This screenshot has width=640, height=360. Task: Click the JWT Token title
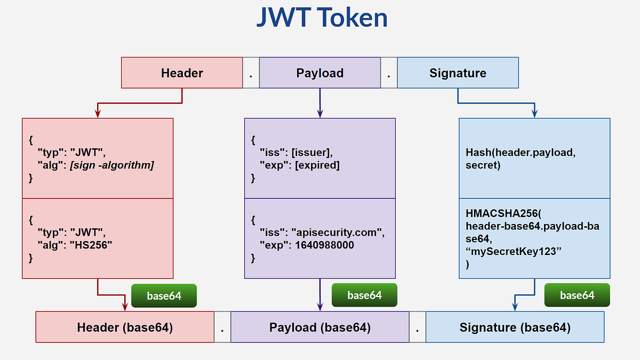pos(322,18)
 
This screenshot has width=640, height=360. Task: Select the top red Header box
pos(182,73)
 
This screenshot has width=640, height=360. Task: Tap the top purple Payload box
pos(320,73)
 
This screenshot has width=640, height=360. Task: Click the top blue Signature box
pos(458,73)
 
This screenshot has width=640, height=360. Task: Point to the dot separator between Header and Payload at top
pos(251,73)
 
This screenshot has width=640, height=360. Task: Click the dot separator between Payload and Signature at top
pos(389,73)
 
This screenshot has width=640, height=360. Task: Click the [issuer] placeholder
pos(311,153)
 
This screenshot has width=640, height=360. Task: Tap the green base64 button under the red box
pos(164,295)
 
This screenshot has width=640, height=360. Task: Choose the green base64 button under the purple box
pos(364,295)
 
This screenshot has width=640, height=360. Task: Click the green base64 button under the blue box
pos(577,295)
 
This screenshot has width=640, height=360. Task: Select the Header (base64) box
pos(125,327)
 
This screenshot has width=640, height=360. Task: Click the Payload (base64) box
pos(320,327)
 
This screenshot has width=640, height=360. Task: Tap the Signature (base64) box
pos(515,327)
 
